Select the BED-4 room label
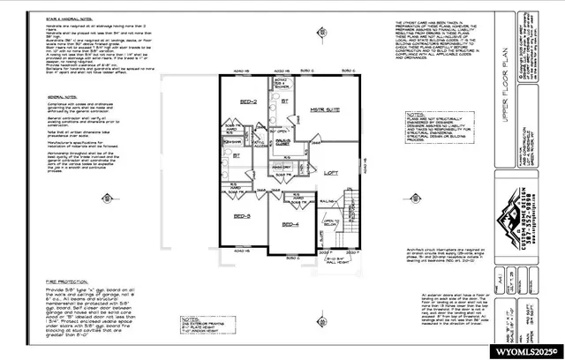click(x=290, y=225)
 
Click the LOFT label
click(x=331, y=173)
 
